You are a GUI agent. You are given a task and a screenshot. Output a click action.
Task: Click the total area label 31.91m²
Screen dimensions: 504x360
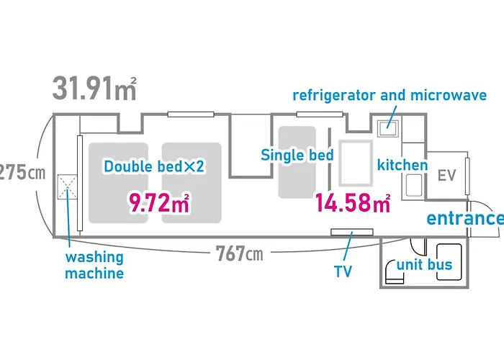tap(94, 88)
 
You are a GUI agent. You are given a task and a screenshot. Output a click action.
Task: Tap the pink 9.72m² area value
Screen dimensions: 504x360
tap(159, 202)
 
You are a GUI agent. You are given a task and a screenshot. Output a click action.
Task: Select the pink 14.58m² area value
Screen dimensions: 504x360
tap(353, 202)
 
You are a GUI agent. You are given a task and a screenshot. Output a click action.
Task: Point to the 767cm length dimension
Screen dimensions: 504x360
tap(239, 253)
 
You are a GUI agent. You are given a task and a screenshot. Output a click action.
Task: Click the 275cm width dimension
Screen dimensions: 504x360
tap(22, 173)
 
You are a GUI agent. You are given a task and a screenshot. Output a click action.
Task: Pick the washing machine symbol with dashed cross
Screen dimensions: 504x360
tap(67, 187)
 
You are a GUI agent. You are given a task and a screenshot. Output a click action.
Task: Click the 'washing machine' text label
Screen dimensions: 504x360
tap(94, 265)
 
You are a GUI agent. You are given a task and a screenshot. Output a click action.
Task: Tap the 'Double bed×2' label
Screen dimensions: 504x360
tap(154, 166)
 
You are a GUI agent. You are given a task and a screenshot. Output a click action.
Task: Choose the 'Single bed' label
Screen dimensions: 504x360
tap(297, 155)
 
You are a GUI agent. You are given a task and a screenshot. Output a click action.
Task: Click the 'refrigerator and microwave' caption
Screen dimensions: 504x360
tap(390, 96)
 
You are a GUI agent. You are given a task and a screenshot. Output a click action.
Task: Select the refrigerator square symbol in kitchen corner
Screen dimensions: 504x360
tap(388, 129)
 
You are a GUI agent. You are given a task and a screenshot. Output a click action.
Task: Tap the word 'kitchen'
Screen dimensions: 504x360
tap(402, 165)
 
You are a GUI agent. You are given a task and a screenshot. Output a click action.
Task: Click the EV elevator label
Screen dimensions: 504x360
tap(447, 176)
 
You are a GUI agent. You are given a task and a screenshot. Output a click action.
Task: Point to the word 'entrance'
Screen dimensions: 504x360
tap(465, 218)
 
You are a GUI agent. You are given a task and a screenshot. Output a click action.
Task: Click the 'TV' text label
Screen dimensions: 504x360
tap(343, 271)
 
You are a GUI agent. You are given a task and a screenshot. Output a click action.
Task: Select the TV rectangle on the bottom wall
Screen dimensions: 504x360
tap(352, 232)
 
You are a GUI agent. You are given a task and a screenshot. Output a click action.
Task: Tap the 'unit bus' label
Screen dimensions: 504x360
tap(424, 265)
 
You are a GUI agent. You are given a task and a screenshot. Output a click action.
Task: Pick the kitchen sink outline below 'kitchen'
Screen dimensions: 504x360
tap(414, 185)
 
